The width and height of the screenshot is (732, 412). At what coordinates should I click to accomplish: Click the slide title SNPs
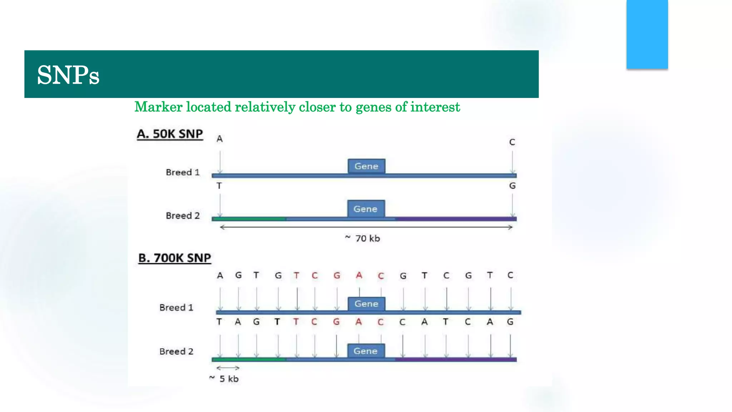(68, 75)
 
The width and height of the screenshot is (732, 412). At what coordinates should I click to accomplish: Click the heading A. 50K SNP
(170, 134)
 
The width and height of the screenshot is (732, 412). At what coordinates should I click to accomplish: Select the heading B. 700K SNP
(175, 258)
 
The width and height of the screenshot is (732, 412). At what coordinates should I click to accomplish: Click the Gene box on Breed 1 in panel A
(366, 166)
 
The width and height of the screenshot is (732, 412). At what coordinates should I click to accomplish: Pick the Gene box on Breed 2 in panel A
(366, 209)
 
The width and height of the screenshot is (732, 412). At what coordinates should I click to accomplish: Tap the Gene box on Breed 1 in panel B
(366, 304)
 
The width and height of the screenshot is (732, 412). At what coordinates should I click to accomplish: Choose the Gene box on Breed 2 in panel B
(366, 351)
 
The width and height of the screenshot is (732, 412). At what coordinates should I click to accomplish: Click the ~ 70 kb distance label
(362, 238)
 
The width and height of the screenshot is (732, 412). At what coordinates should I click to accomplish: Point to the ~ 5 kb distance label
(224, 379)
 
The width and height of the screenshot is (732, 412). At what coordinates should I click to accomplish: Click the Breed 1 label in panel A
(183, 172)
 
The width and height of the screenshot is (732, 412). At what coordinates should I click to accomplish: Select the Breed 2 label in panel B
(176, 352)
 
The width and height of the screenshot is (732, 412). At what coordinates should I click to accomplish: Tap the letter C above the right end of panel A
(512, 142)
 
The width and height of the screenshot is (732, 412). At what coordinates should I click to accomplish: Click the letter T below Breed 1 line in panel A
(219, 186)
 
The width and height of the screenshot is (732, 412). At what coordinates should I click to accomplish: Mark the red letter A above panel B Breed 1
(359, 275)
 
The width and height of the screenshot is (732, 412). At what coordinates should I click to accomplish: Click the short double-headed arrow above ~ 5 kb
(228, 368)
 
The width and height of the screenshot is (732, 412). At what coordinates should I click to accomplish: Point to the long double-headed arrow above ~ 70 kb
(366, 227)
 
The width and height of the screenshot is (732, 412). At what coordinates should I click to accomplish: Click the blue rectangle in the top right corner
(647, 34)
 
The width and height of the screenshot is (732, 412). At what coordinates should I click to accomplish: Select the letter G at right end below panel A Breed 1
(512, 186)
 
